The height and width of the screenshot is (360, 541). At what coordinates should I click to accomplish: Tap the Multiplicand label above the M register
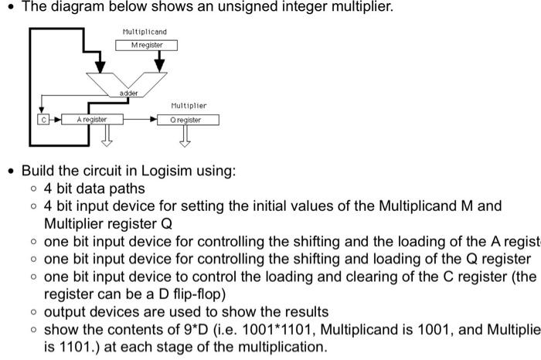(145, 32)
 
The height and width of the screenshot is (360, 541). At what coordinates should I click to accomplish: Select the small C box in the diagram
(44, 120)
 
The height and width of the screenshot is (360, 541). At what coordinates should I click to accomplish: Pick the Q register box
(189, 120)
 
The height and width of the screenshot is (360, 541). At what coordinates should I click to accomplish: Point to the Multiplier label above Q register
(189, 106)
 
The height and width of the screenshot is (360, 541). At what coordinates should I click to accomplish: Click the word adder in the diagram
(128, 93)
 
